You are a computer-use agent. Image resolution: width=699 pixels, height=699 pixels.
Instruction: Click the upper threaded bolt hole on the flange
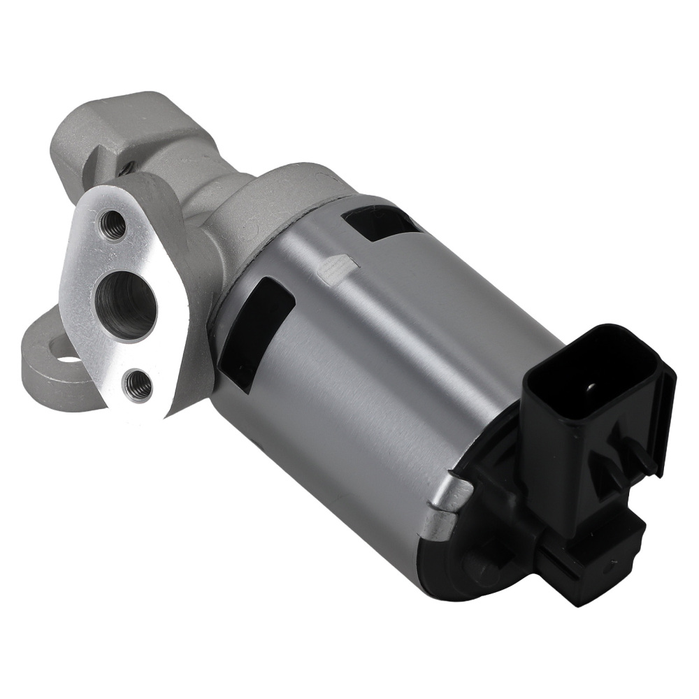[113, 225]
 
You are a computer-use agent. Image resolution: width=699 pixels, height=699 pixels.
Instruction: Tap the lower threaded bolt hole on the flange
[137, 384]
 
